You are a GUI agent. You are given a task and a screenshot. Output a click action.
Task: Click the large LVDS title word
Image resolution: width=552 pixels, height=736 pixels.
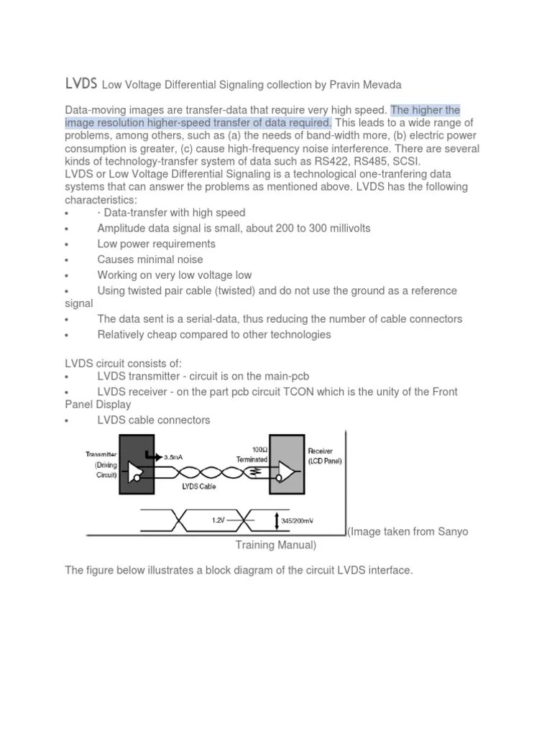tap(80, 84)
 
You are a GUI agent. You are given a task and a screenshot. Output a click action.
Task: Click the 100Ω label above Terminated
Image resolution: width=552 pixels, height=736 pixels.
tap(256, 449)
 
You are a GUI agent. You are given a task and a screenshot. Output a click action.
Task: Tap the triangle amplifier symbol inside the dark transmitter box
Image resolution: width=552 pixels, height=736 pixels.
tap(134, 471)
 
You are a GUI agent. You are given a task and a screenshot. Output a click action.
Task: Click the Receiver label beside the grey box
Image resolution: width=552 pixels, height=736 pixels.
tap(321, 451)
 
